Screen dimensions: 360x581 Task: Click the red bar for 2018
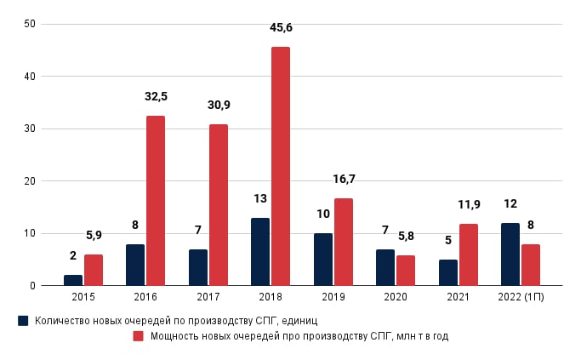coord(281,166)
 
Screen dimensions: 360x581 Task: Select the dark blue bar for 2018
coord(260,252)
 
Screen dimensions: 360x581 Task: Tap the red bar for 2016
coord(156,201)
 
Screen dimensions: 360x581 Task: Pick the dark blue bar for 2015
coord(73,280)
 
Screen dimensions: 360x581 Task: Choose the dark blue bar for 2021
coord(448,272)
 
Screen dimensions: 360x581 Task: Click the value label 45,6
coord(281,28)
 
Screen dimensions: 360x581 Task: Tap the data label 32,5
coord(155,97)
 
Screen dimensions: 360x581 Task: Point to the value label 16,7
coord(343,180)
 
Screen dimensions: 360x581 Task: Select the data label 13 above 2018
coord(260,199)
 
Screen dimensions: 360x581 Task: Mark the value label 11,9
coord(469,205)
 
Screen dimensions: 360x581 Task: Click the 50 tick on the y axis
coord(29,24)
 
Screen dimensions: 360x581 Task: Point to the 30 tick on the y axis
coord(29,129)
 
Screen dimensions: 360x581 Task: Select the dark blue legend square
coord(23,321)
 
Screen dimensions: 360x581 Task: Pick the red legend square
coord(139,336)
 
